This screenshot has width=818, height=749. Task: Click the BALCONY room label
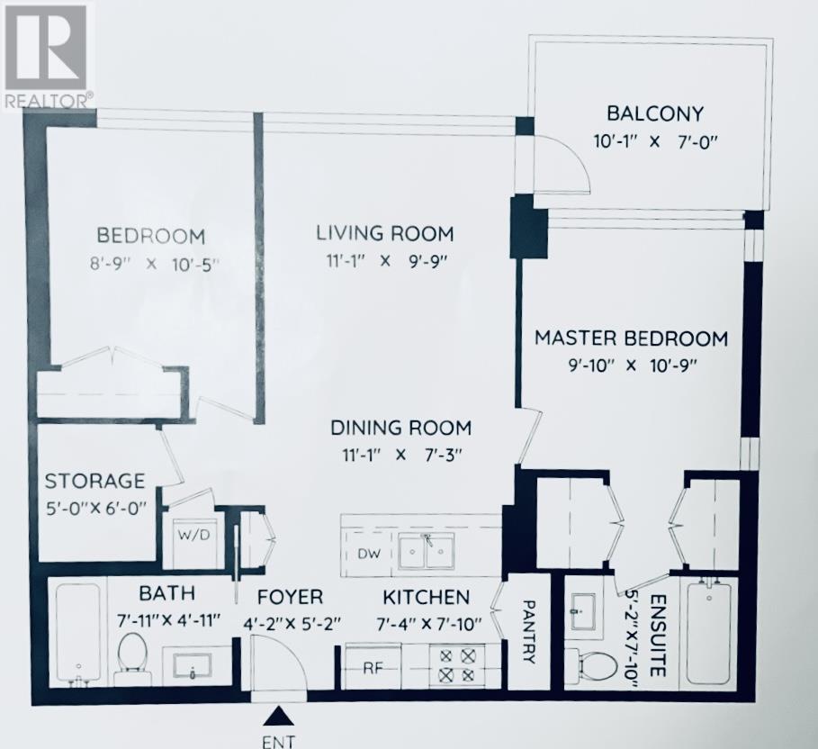[654, 113]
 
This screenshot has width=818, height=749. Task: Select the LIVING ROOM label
[384, 233]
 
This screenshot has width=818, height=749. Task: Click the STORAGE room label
[94, 480]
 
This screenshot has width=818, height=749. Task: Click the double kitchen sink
[427, 550]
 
